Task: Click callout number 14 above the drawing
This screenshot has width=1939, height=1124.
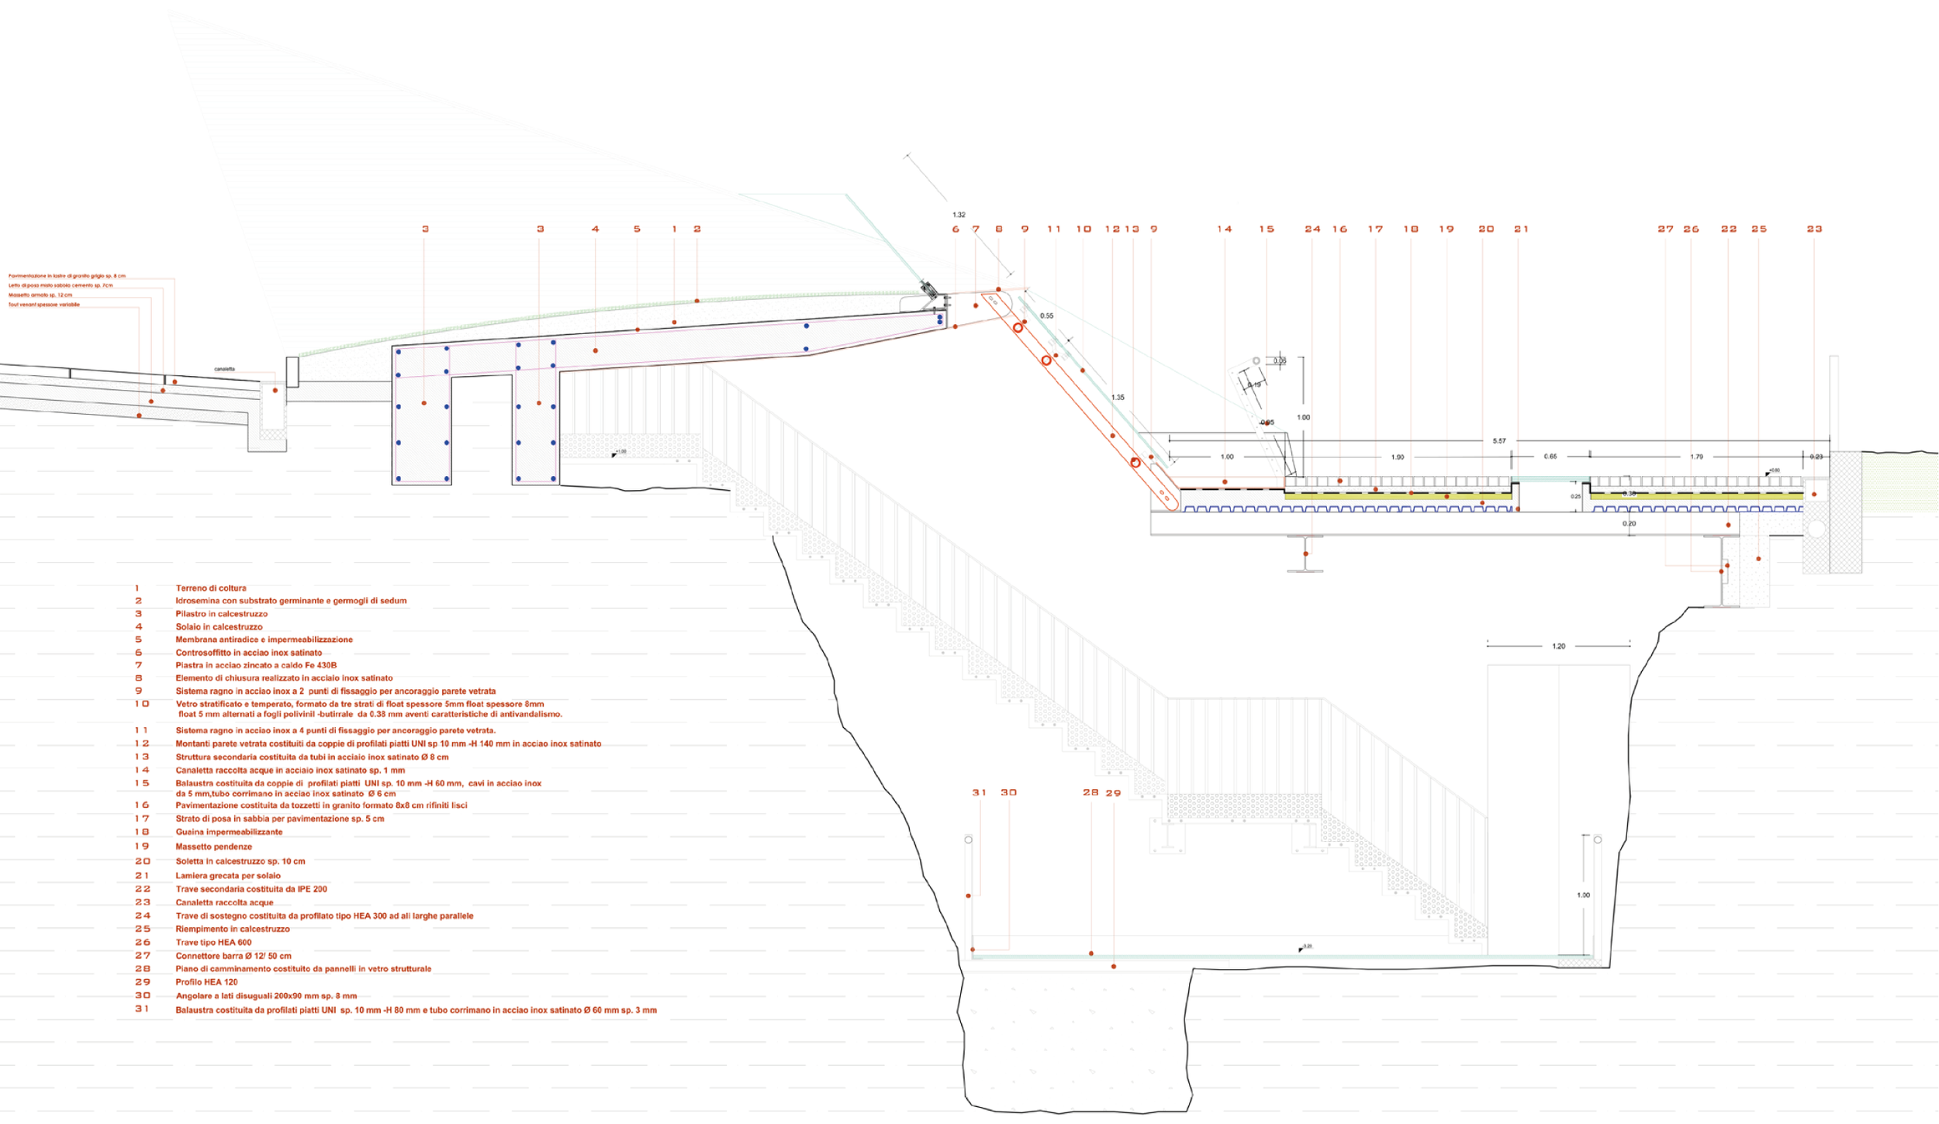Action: (1225, 229)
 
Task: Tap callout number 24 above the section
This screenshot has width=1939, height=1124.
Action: (1312, 229)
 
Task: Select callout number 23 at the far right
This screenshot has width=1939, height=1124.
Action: (1814, 229)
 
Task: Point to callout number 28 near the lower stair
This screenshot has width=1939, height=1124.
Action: (1090, 793)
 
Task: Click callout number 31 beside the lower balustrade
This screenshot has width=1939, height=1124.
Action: (980, 793)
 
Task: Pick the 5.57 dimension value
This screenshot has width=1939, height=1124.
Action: (1499, 441)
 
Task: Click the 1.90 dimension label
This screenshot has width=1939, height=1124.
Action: (1398, 457)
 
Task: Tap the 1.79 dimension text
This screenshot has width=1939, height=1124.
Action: (1697, 457)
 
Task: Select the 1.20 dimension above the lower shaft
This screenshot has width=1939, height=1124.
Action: (1559, 646)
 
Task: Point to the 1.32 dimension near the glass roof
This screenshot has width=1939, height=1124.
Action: (959, 215)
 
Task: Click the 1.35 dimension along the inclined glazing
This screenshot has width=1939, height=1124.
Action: (1118, 398)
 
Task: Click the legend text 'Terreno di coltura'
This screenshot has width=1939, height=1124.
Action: (211, 588)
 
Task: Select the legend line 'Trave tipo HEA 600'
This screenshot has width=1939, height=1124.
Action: (213, 943)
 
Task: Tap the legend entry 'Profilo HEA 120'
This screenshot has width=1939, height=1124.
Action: (206, 982)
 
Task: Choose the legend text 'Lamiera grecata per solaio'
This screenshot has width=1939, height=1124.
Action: (228, 876)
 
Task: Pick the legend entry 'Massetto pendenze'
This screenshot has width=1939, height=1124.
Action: (213, 846)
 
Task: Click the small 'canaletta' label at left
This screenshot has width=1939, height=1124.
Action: (224, 369)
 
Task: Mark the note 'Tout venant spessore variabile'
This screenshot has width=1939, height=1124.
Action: (44, 305)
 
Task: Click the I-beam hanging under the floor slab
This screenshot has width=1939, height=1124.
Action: (1305, 553)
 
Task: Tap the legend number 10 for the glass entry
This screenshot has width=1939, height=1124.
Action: (141, 704)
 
